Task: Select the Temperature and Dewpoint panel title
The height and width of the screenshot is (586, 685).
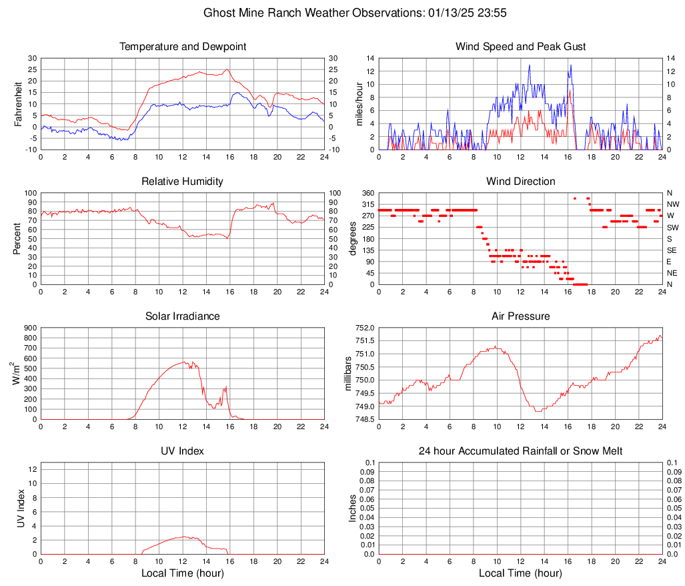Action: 183,47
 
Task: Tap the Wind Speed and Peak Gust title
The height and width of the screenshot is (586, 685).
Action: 521,47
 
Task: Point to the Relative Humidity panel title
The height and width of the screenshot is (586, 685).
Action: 183,182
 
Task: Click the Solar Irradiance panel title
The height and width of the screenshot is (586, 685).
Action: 183,316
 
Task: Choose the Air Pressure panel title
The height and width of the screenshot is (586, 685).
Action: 521,316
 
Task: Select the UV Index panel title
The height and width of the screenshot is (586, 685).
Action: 183,451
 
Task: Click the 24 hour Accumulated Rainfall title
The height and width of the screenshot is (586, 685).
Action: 521,451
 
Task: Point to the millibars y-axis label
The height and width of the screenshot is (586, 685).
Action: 348,373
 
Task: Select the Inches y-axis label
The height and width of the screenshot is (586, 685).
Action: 354,508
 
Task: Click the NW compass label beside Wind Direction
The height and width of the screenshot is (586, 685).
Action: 673,204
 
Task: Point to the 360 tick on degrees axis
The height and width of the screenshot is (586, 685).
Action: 366,193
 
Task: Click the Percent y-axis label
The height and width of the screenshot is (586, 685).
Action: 17,238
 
